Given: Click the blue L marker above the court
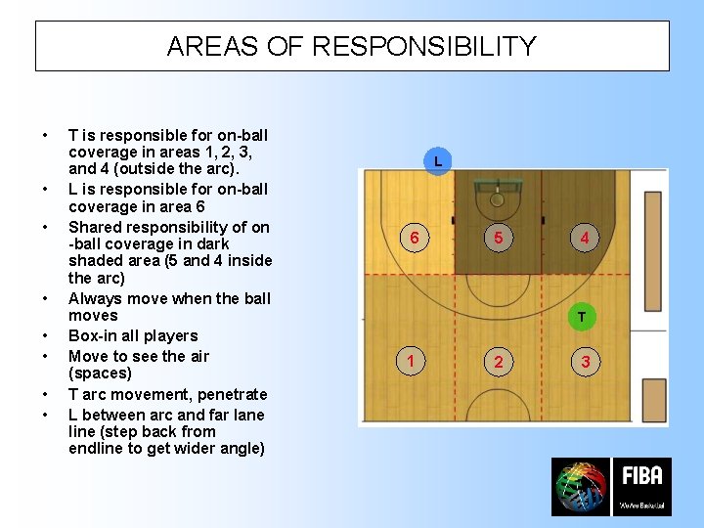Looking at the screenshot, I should click(x=438, y=160).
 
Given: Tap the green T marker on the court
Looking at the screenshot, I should click(x=582, y=317).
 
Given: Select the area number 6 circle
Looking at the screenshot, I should click(x=415, y=238).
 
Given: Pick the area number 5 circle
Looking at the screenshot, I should click(x=498, y=238).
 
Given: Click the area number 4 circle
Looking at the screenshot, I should click(x=584, y=238).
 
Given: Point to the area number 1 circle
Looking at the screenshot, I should click(x=412, y=362).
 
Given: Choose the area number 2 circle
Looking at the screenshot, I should click(x=498, y=363).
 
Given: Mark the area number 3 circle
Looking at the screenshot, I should click(x=585, y=363).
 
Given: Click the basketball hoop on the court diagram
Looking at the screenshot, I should click(x=497, y=198).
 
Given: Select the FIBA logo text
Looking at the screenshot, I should click(x=641, y=477).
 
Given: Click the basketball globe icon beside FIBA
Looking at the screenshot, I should click(x=580, y=487).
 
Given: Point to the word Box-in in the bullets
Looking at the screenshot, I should click(x=92, y=335).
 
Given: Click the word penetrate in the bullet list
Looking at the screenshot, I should click(x=231, y=394).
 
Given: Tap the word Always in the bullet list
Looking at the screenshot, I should click(x=96, y=298).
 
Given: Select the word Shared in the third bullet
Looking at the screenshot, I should click(x=96, y=227).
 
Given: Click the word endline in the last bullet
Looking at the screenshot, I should click(x=96, y=449).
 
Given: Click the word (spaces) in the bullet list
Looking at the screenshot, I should click(x=100, y=374).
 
